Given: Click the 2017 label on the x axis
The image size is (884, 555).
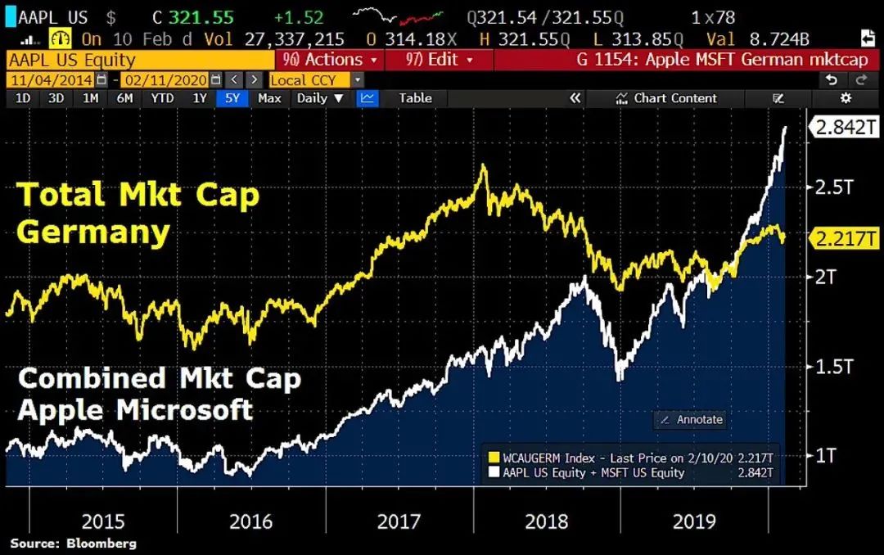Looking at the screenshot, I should click(399, 521).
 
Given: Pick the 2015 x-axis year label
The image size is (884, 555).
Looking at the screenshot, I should click(104, 521).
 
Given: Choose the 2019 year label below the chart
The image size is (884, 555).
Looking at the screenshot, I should click(693, 521).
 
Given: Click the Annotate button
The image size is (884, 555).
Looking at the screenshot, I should click(692, 419).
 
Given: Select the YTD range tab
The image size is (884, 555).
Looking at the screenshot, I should click(162, 98).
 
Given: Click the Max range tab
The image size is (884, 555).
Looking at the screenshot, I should click(269, 98).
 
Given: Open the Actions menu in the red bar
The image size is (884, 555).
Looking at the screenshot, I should click(331, 60).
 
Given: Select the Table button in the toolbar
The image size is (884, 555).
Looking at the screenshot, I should click(415, 98).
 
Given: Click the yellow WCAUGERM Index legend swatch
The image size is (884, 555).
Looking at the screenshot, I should click(494, 458).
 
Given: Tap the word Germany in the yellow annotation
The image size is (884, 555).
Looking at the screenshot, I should click(92, 232).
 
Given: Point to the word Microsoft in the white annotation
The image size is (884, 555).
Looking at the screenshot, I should click(184, 409).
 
